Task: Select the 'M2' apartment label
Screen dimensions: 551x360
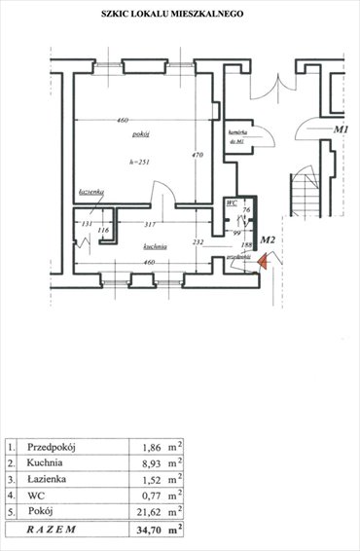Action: (270, 240)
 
